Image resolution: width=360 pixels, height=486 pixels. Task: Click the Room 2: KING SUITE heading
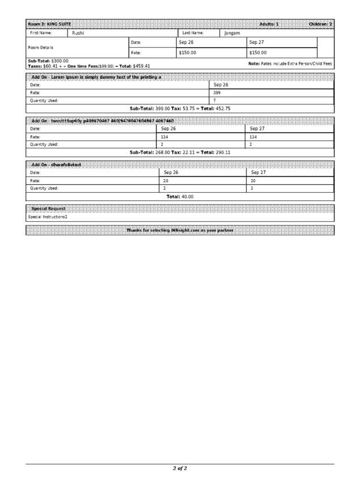[49, 24]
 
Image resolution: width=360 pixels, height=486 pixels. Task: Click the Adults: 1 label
[269, 24]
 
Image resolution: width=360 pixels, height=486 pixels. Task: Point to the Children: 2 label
[320, 24]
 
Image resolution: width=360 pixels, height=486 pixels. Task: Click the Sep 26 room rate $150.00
[188, 53]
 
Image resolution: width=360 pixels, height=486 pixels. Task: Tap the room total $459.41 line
[89, 66]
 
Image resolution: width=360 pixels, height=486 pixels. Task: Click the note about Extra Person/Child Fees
[290, 64]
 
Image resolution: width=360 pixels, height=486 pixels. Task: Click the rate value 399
[217, 92]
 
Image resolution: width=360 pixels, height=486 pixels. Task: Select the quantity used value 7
[215, 100]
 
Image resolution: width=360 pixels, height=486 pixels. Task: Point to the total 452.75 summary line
[180, 108]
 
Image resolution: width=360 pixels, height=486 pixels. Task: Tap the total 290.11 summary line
[180, 152]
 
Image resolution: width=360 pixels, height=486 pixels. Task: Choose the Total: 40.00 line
[180, 196]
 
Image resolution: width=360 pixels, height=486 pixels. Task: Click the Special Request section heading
[49, 209]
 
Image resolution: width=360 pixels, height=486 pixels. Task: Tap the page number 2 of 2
[180, 468]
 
